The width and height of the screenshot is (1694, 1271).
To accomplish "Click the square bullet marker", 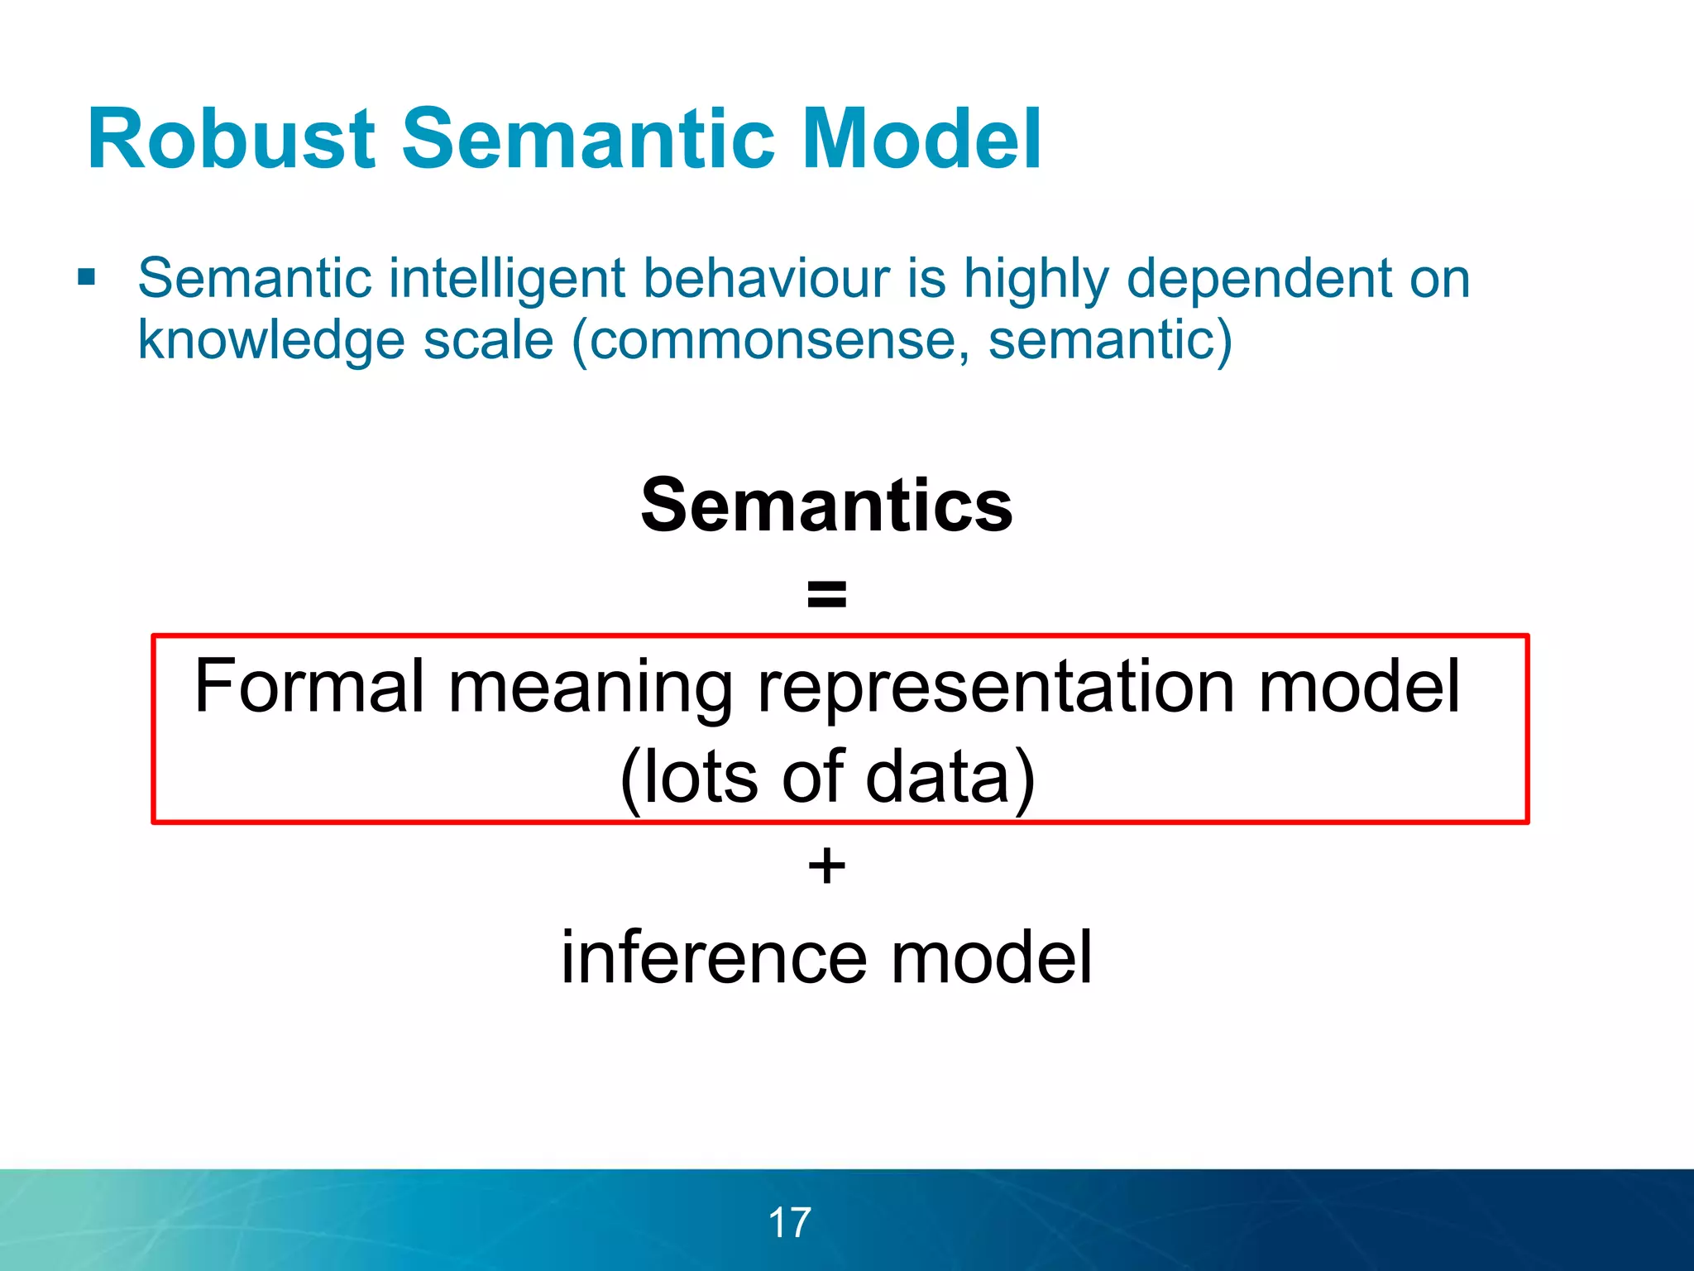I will pyautogui.click(x=86, y=277).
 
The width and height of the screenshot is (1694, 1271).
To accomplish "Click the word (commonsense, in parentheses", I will pyautogui.click(x=769, y=341).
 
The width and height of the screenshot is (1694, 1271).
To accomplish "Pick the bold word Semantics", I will pyautogui.click(x=826, y=506).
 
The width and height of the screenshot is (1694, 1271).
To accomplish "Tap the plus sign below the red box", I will pyautogui.click(x=826, y=867).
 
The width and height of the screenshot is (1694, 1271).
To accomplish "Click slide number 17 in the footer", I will pyautogui.click(x=790, y=1222).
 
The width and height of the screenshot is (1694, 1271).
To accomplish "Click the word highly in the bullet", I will pyautogui.click(x=1035, y=280).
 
